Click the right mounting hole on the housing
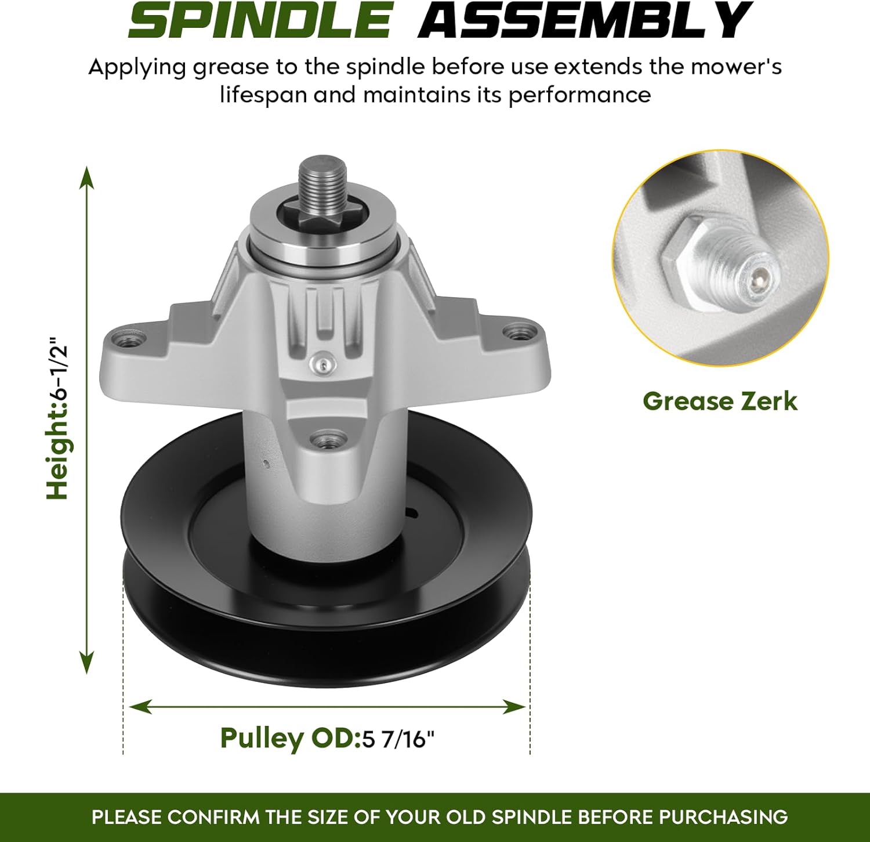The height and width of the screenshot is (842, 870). coord(517,333)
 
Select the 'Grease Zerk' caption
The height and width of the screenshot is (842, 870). coord(720,401)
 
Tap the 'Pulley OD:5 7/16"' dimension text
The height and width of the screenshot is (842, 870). coord(327,739)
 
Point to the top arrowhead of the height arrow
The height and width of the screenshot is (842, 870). coord(87,175)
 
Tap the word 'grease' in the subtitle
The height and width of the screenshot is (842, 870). coord(230,67)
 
